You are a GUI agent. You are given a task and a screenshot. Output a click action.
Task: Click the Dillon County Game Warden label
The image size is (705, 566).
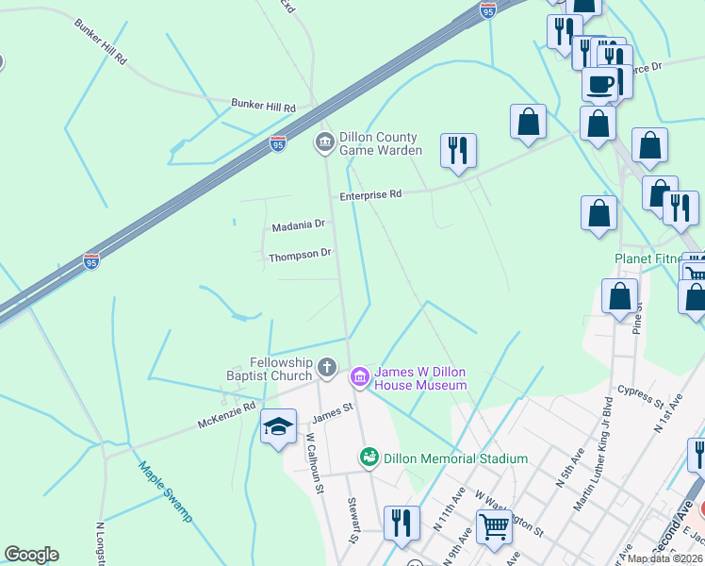pyautogui.click(x=378, y=143)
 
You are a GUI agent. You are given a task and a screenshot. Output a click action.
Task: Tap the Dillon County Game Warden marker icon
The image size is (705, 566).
pyautogui.click(x=324, y=142)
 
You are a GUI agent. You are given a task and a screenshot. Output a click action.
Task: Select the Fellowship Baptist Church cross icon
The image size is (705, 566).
pyautogui.click(x=327, y=367)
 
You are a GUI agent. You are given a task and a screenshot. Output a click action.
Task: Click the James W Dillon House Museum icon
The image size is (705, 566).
pyautogui.click(x=359, y=377)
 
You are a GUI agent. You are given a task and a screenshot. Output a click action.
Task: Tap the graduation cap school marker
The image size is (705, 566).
pyautogui.click(x=278, y=427)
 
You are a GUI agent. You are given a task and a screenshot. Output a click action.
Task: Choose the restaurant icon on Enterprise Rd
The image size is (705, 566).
pyautogui.click(x=457, y=150)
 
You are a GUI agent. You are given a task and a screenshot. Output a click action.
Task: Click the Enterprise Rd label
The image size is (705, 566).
pyautogui.click(x=370, y=194)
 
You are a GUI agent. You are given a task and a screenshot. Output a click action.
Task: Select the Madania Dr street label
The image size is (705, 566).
pyautogui.click(x=298, y=226)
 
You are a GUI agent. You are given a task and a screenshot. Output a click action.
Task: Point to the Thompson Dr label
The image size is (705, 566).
pyautogui.click(x=300, y=255)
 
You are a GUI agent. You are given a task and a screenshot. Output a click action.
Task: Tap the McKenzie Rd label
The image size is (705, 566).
pyautogui.click(x=226, y=416)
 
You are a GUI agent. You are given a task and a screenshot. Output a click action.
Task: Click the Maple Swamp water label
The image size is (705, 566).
pyautogui.click(x=165, y=491)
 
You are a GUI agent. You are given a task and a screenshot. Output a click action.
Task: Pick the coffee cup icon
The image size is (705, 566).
pyautogui.click(x=599, y=85)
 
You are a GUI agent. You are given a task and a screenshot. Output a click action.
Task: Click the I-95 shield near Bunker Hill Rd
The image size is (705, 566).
pyautogui.click(x=277, y=143)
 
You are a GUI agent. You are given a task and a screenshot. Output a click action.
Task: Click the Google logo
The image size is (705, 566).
pyautogui.click(x=31, y=555)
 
